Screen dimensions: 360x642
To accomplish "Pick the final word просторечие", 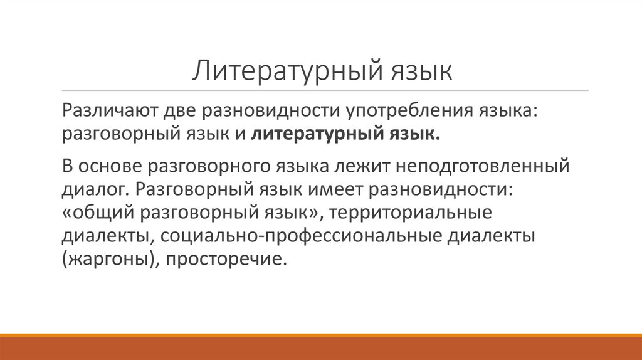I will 226,259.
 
